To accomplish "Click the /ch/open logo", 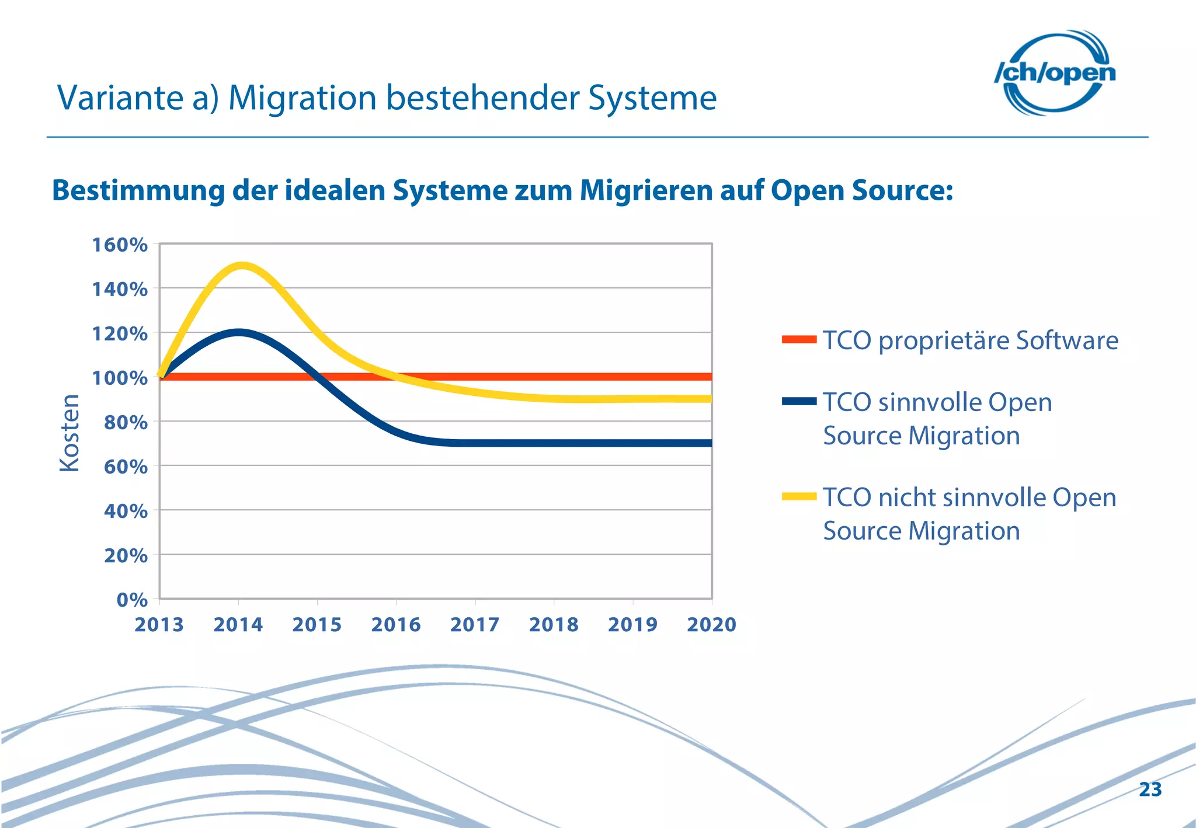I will pyautogui.click(x=1055, y=72).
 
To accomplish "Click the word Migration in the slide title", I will pyautogui.click(x=302, y=98).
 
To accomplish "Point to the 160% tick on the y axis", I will pyautogui.click(x=120, y=245).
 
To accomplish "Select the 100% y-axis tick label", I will pyautogui.click(x=120, y=378).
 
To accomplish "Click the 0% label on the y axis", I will pyautogui.click(x=132, y=600).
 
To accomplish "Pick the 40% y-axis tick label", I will pyautogui.click(x=126, y=511).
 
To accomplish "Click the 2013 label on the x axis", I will pyautogui.click(x=159, y=625).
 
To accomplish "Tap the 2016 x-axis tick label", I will pyautogui.click(x=396, y=625).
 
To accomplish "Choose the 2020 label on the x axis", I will pyautogui.click(x=711, y=625).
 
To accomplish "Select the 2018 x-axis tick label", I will pyautogui.click(x=554, y=625).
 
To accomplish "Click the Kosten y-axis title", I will pyautogui.click(x=69, y=433).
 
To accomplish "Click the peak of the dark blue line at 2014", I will pyautogui.click(x=238, y=333).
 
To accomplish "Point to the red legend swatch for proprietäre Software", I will pyautogui.click(x=799, y=339).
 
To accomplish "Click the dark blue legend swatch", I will pyautogui.click(x=799, y=401).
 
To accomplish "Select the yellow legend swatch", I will pyautogui.click(x=799, y=496).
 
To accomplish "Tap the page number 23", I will pyautogui.click(x=1150, y=789).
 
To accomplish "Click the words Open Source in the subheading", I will pyautogui.click(x=861, y=191).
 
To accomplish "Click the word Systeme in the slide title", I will pyautogui.click(x=652, y=98).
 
